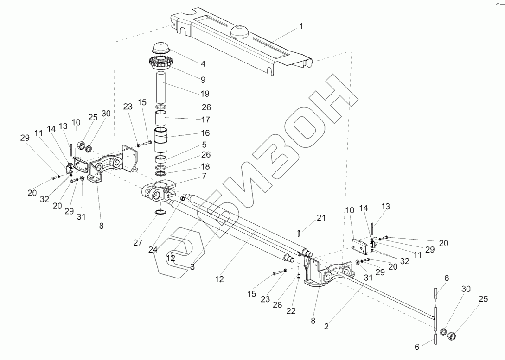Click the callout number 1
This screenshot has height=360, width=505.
pos(301,26)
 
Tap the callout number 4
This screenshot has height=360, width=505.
pos(203,63)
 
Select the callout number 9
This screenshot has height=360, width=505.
pos(203,80)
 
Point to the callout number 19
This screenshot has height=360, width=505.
pos(205,94)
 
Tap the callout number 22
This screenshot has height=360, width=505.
pos(291,311)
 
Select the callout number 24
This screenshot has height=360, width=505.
pos(153,249)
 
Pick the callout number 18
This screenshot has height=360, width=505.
pos(205,166)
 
